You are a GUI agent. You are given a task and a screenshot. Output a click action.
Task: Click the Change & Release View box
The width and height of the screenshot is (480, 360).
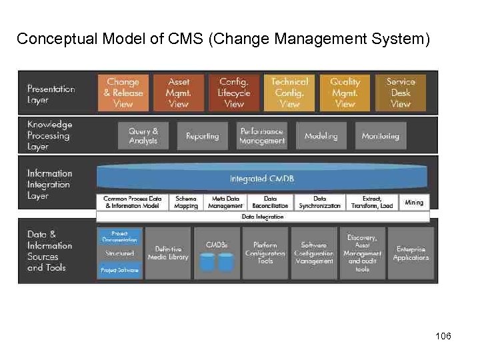click(123, 93)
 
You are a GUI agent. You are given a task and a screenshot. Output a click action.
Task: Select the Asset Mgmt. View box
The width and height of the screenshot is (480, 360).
click(179, 93)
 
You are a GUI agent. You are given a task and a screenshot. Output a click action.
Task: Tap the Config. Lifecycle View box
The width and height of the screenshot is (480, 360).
click(234, 93)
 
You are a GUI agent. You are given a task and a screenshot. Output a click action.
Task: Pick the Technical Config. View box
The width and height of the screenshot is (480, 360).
click(289, 93)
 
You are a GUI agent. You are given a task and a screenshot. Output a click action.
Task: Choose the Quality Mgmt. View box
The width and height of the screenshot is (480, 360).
click(345, 93)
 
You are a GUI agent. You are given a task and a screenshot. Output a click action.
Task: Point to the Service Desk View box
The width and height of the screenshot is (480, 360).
click(400, 93)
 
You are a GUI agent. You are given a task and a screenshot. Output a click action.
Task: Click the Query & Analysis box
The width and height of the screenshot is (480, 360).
click(143, 136)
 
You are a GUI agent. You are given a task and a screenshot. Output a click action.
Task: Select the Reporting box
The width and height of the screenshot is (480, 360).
click(202, 136)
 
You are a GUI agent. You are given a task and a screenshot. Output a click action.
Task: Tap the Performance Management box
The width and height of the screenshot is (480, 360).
click(262, 136)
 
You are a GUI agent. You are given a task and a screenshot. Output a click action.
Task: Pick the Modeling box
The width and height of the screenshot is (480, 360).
click(321, 136)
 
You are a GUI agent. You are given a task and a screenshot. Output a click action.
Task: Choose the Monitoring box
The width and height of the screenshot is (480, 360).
click(380, 136)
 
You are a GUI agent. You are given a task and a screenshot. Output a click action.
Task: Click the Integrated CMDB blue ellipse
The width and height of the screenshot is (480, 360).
click(262, 178)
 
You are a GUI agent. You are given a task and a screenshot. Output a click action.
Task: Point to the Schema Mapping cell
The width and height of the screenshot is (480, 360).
click(186, 202)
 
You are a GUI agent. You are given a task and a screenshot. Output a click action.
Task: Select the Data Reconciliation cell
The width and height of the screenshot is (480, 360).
click(270, 202)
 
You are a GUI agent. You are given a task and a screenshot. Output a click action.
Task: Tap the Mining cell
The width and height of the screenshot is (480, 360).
click(414, 202)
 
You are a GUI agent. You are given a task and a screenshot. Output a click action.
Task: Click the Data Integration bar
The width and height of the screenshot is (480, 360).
click(263, 217)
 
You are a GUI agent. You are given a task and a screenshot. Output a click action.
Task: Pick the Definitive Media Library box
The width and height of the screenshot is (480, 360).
click(167, 253)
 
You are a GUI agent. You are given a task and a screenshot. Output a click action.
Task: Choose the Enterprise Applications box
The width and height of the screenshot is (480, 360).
click(411, 253)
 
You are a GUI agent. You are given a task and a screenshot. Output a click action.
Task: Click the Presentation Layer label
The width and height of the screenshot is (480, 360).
click(51, 94)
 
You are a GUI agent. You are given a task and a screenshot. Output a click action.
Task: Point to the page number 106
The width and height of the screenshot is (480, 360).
click(443, 336)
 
